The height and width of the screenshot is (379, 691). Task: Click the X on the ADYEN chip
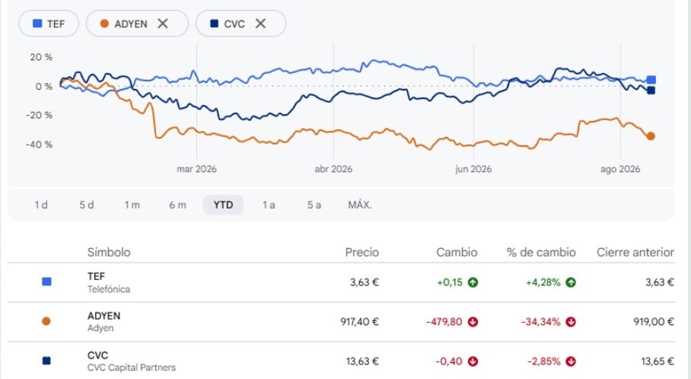point(163,24)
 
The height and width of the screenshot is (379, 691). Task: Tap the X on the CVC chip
point(260,24)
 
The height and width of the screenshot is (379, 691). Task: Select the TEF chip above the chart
point(49,24)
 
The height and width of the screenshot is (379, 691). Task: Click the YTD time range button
point(223,205)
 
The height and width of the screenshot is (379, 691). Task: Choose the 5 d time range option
point(87,205)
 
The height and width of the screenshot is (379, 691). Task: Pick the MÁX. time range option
point(360,205)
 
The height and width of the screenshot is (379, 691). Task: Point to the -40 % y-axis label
point(39,145)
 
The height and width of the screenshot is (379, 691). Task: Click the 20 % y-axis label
point(41,57)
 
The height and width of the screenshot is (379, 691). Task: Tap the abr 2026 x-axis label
point(333,169)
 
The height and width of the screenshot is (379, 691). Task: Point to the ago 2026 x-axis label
point(620,169)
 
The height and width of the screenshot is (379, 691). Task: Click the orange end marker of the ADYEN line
point(651,136)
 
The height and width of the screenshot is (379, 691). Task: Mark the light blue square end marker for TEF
point(651,80)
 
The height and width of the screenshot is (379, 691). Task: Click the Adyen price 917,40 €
point(359,322)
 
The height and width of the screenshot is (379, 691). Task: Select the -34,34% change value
point(541,322)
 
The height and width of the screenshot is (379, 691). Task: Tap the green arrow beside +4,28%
point(571,282)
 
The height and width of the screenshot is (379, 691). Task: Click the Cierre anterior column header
point(635,252)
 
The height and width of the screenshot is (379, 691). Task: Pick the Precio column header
point(361,252)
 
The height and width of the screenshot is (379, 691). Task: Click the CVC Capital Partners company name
point(132,368)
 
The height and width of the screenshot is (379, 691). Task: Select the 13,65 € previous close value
point(658,361)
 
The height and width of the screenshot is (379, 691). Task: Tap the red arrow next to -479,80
point(473,322)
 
